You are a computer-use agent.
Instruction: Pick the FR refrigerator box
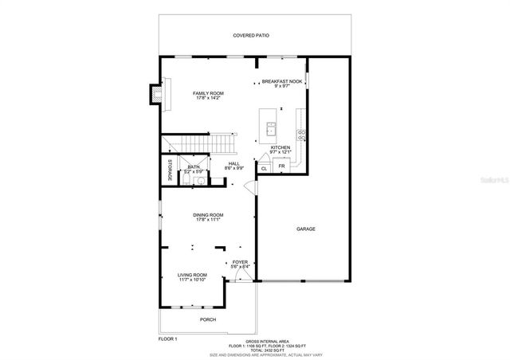click(x=281, y=166)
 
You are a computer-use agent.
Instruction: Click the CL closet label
click(x=264, y=168)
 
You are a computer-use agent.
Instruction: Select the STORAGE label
click(x=169, y=170)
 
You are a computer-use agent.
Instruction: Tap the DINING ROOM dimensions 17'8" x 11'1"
click(x=207, y=220)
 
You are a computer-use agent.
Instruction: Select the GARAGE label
click(x=306, y=229)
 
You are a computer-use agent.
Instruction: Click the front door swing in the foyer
click(x=248, y=275)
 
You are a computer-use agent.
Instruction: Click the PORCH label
click(x=207, y=319)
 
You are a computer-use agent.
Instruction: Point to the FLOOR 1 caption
click(x=167, y=338)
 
